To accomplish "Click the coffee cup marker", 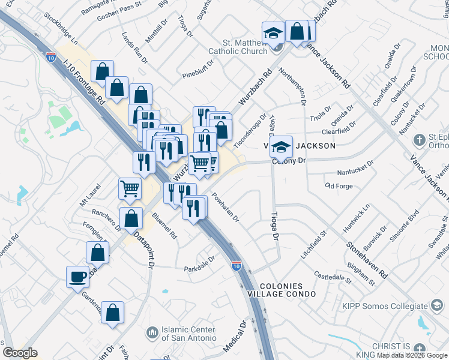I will pyautogui.click(x=77, y=277).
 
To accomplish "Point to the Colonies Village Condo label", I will pyautogui.click(x=282, y=290).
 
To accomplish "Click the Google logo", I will pyautogui.click(x=20, y=353).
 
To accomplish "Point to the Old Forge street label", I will pyautogui.click(x=339, y=186).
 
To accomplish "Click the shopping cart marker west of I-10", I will pyautogui.click(x=130, y=189).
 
